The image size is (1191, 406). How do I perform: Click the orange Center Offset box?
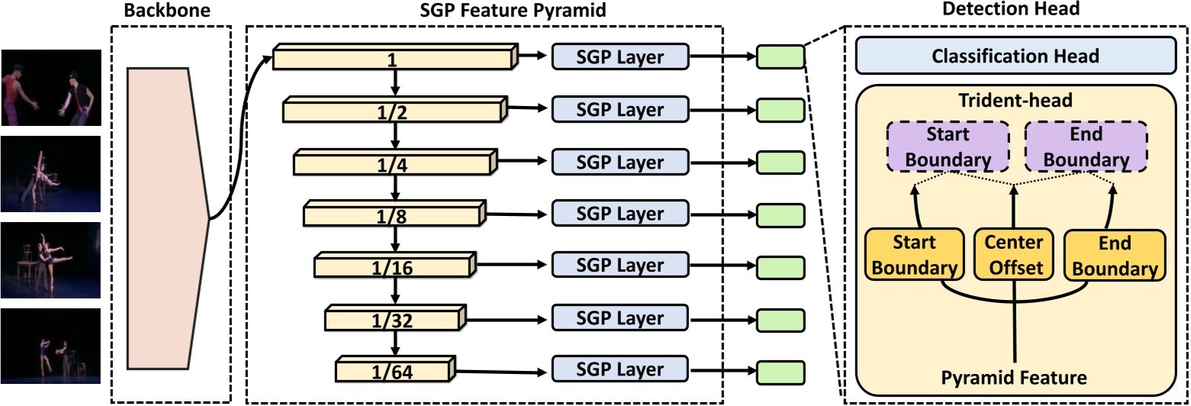coord(1014,255)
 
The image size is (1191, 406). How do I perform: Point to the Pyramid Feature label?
coord(1013,376)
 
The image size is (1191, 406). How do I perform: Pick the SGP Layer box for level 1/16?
coord(619,266)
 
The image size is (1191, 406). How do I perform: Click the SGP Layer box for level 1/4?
coord(619,162)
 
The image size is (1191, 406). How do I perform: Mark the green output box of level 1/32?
coord(780,319)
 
